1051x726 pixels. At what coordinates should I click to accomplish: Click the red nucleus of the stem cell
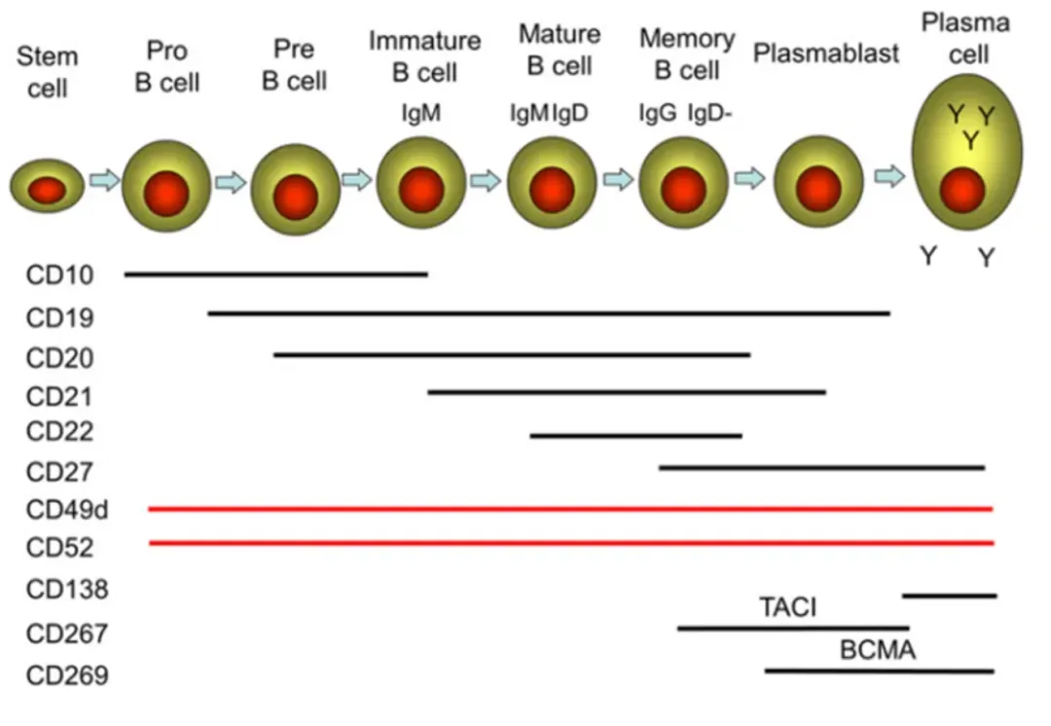point(46,190)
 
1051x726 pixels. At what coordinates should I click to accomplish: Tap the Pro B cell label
point(166,66)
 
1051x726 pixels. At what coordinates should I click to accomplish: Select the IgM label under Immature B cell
point(421,113)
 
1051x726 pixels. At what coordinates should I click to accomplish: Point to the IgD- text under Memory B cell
point(710,113)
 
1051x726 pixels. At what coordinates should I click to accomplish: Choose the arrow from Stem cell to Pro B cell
point(103,179)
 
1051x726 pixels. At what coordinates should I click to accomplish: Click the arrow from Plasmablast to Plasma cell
point(889,176)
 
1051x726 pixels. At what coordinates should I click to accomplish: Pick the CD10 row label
point(60,276)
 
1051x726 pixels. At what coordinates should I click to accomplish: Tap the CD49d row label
point(67,510)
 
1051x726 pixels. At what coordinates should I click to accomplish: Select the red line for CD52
point(571,542)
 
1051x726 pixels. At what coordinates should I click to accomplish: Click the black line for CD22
point(635,435)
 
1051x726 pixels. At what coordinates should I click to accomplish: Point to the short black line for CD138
point(949,595)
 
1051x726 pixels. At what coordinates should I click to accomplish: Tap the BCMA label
point(878,650)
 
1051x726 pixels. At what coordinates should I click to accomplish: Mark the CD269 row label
point(67,673)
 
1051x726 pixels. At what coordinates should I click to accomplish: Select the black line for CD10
point(275,274)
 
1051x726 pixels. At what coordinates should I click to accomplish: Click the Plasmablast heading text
point(826,54)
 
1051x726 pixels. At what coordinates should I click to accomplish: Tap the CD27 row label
point(60,472)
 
